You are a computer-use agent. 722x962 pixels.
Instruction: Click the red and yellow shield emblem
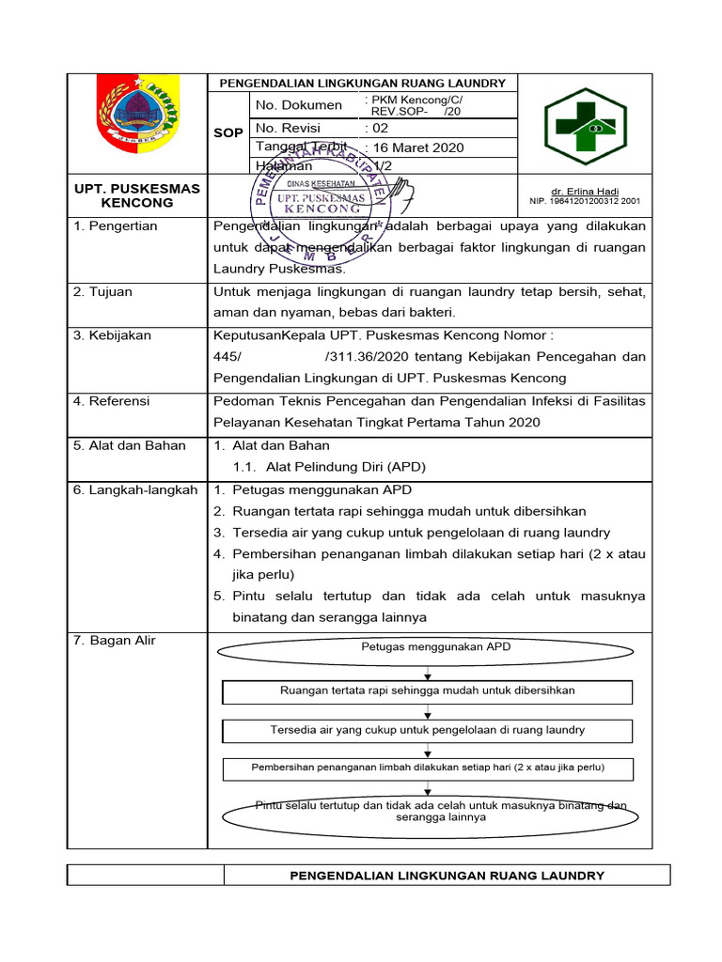[136, 121]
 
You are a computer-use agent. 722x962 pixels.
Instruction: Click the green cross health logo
[593, 123]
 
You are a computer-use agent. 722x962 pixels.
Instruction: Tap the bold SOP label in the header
[228, 132]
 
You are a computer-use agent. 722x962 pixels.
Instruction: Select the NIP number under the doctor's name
[585, 201]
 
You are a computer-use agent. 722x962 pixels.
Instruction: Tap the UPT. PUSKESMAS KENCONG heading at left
[137, 195]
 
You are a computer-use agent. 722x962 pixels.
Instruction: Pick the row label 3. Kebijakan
[112, 335]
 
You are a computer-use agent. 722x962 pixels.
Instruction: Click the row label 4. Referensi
[111, 401]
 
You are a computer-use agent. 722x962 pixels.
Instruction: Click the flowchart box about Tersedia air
[428, 730]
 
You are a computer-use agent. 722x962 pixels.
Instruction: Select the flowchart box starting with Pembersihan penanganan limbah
[428, 768]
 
